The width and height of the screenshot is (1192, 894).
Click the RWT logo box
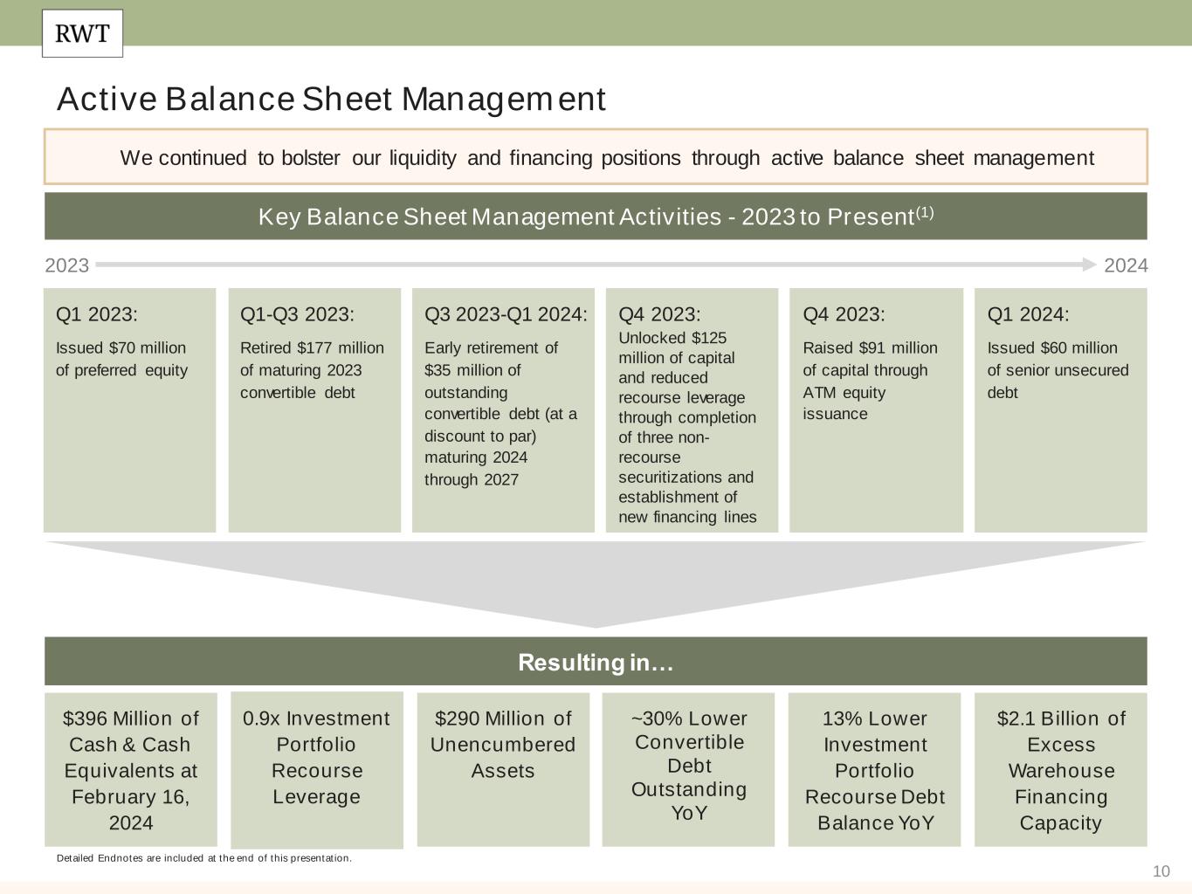(82, 34)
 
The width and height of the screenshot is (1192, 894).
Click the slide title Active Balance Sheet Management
(331, 100)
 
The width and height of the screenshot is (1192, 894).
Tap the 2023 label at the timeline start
(66, 265)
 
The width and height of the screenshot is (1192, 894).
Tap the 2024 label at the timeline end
(1126, 265)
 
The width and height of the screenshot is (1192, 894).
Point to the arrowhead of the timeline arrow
(1089, 264)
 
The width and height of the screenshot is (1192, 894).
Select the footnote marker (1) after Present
(925, 212)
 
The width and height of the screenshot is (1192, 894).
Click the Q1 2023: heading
(97, 314)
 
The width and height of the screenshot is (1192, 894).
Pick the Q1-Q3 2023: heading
(297, 314)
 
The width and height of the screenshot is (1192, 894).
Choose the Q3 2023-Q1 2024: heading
(506, 314)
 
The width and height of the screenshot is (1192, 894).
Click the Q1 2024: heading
(1028, 314)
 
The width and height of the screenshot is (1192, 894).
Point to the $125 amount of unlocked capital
(708, 338)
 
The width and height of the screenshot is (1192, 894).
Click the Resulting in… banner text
(596, 663)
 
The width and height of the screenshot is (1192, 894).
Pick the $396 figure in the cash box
(85, 719)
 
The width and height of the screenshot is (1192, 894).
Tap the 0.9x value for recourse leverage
(261, 719)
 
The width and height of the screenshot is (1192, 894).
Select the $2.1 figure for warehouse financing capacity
(1016, 719)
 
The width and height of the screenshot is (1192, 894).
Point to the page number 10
(1161, 871)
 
